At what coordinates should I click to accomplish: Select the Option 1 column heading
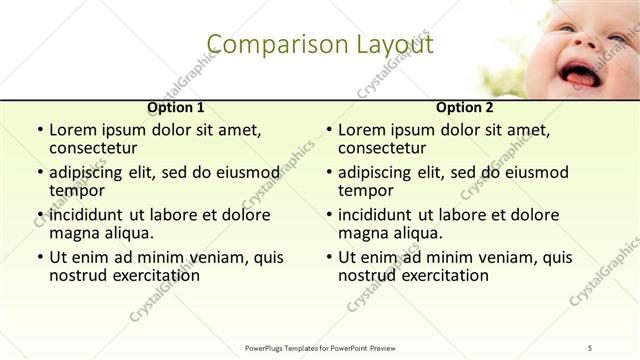click(x=176, y=107)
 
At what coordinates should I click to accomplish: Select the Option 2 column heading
click(x=465, y=107)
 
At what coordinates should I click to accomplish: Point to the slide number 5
click(x=591, y=346)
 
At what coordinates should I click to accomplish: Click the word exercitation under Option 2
click(x=436, y=275)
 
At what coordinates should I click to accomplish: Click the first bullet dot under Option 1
click(x=38, y=131)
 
